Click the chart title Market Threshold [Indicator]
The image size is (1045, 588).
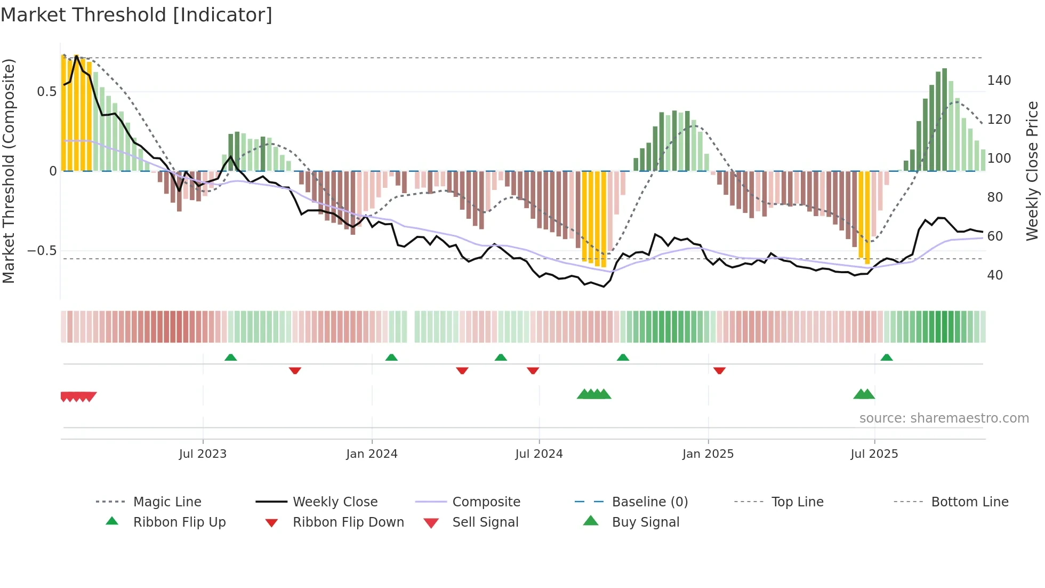pos(136,15)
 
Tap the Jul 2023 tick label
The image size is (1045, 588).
pos(203,454)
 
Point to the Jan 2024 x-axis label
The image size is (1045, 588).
pos(372,454)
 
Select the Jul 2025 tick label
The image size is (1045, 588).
pos(874,454)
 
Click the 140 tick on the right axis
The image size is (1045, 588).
pos(999,81)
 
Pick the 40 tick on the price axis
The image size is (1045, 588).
pos(995,275)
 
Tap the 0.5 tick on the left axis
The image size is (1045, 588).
pos(46,92)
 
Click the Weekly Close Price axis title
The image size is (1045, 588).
pos(1032,171)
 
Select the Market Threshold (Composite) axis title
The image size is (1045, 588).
pos(9,171)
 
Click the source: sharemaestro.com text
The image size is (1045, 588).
pos(944,418)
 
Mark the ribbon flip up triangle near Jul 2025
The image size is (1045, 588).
pos(886,357)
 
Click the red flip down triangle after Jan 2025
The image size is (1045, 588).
pos(719,370)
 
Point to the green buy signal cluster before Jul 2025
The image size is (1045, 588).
pos(864,394)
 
